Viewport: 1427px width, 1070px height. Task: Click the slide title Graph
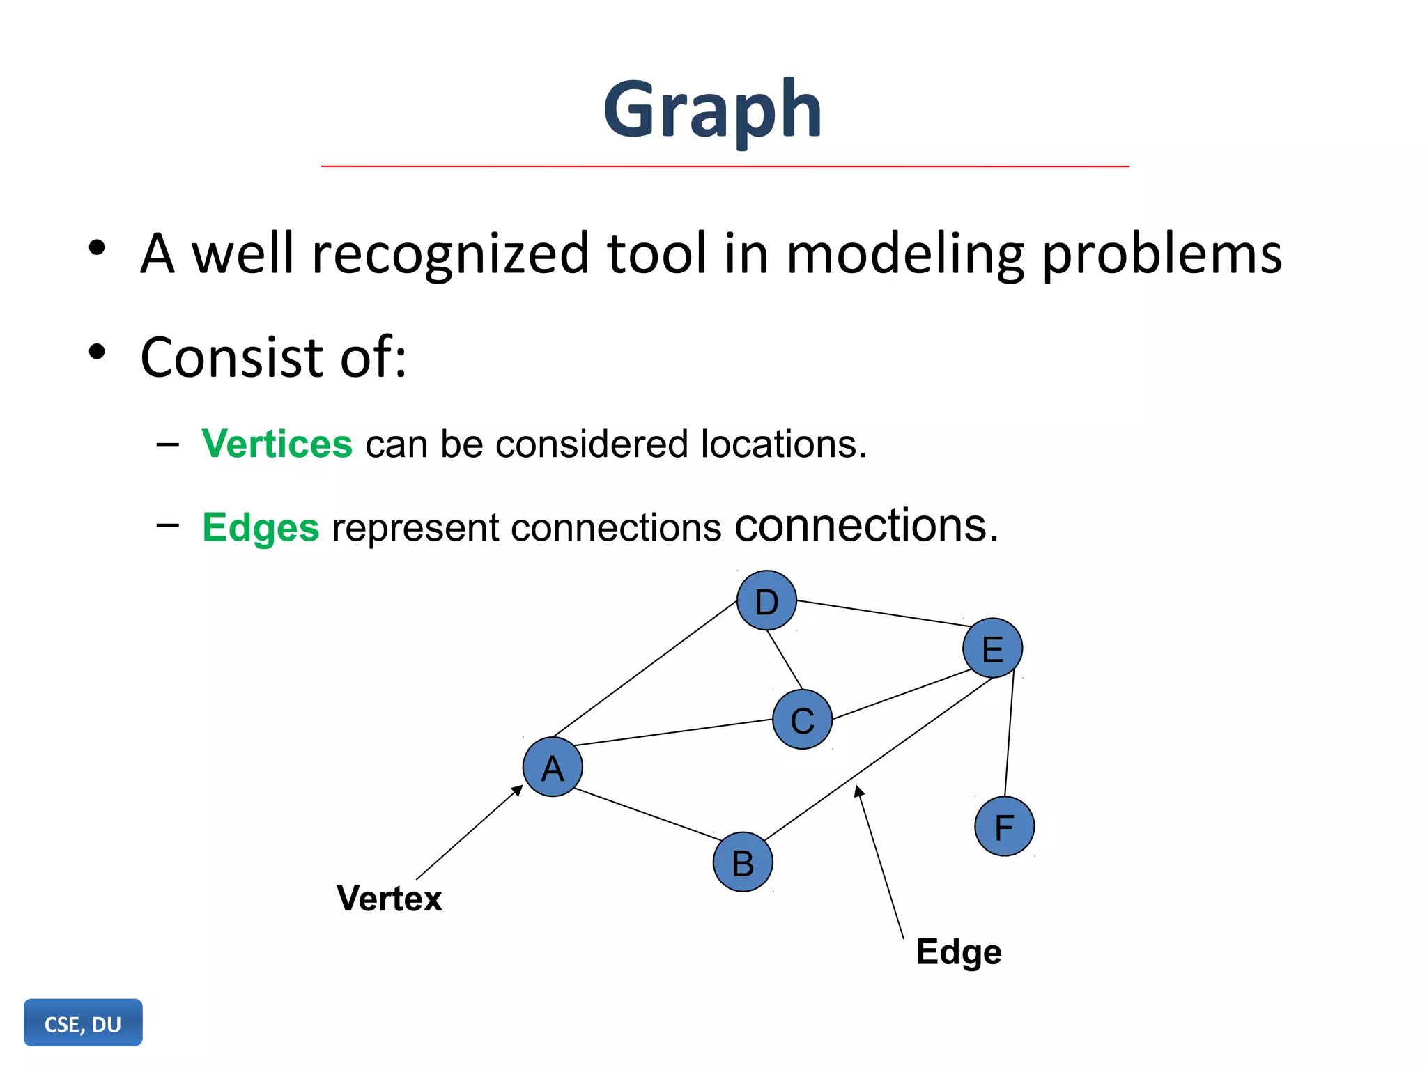(712, 110)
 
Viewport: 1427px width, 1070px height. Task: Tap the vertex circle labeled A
(553, 767)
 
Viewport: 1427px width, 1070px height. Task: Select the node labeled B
(743, 862)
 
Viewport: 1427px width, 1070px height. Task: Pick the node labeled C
(802, 720)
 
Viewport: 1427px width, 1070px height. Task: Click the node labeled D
(766, 600)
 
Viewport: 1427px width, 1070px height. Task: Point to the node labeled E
(992, 648)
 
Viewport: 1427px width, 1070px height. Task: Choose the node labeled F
(1004, 826)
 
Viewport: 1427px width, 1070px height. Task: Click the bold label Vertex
(389, 898)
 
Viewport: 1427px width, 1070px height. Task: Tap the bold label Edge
(958, 952)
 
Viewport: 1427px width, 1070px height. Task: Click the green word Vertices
(277, 444)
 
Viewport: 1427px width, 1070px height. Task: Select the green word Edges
(261, 527)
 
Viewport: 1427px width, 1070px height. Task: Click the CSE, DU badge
(83, 1023)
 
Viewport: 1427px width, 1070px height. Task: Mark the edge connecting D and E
(879, 613)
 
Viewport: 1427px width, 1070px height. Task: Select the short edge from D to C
(785, 659)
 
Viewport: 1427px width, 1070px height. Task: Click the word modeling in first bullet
(905, 254)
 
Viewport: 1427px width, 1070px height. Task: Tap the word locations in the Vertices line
(783, 444)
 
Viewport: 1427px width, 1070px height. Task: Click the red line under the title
(725, 166)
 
